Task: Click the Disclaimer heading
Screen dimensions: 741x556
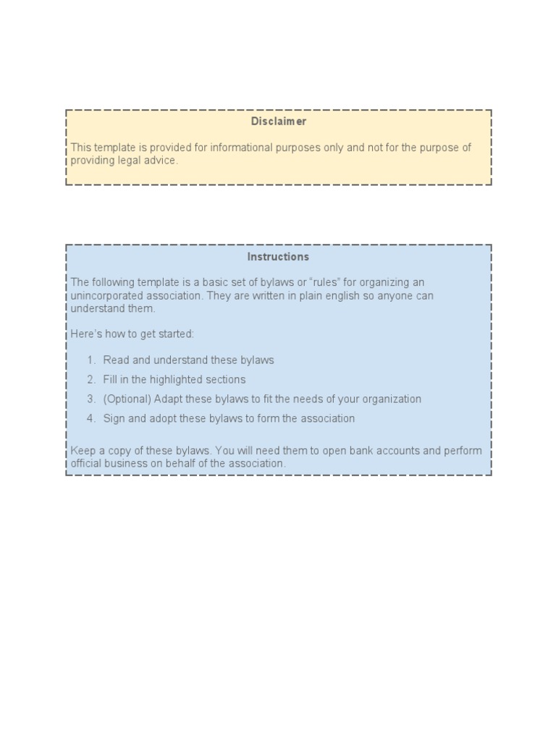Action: point(278,122)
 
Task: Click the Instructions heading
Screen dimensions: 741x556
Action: point(278,257)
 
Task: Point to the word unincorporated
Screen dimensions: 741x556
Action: point(104,296)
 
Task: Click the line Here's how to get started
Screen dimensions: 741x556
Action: point(132,334)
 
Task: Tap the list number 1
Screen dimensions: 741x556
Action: point(91,360)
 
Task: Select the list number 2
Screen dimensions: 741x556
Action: point(91,380)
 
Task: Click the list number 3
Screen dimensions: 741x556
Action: point(91,399)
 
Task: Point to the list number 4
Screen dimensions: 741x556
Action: point(91,419)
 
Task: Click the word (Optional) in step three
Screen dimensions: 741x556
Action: point(127,399)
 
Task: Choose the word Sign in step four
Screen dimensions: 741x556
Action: point(114,419)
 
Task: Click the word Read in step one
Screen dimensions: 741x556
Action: point(116,360)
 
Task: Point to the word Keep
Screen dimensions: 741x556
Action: point(82,451)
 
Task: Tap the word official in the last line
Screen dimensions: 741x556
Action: point(87,464)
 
